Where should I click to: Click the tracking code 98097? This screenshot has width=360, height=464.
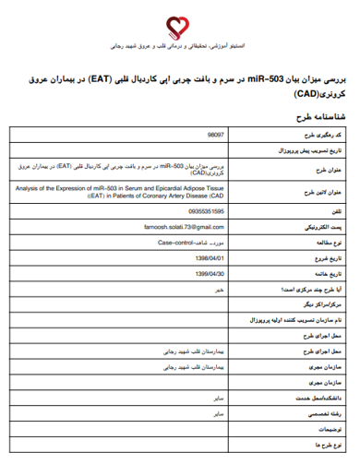tap(214, 135)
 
